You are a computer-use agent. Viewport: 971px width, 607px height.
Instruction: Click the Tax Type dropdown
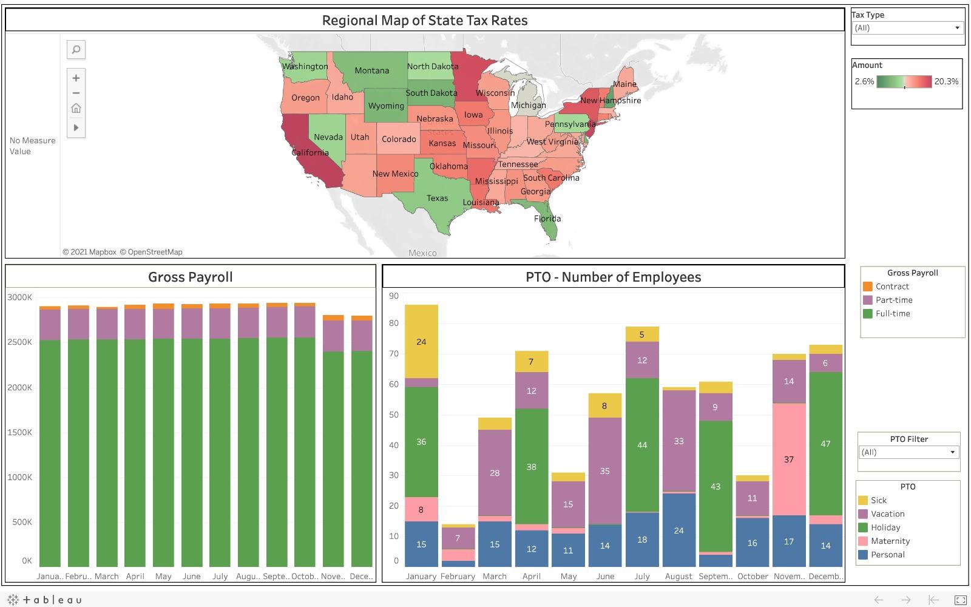coord(907,28)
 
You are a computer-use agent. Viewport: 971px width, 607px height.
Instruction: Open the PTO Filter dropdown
coord(908,452)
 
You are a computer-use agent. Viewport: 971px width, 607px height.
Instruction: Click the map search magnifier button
coord(76,50)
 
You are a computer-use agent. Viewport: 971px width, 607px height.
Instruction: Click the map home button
coord(76,108)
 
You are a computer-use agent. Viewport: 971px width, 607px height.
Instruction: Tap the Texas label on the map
coord(437,198)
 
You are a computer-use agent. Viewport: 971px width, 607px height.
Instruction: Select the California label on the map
coord(310,152)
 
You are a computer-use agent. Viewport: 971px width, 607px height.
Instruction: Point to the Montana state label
coord(371,70)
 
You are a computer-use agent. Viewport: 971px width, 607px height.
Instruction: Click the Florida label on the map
coord(547,219)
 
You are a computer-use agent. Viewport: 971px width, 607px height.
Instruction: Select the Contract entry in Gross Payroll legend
coord(891,287)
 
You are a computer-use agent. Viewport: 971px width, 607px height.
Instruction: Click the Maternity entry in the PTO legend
coord(890,541)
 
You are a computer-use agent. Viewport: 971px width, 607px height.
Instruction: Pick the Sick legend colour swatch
coord(863,500)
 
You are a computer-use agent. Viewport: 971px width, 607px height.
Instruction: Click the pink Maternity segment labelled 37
coord(789,459)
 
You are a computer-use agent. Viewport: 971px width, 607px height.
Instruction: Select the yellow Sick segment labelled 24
coord(421,341)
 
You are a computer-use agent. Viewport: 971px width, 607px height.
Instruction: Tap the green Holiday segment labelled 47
coord(825,444)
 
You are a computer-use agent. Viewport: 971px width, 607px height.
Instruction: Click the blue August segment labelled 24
coord(678,530)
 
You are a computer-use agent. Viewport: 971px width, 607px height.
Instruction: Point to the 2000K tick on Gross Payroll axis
coord(20,387)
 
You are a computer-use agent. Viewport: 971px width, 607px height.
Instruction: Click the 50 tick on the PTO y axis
coord(394,415)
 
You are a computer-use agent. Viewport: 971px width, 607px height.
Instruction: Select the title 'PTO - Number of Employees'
coord(613,277)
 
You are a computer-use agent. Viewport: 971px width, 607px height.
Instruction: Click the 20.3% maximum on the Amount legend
coord(946,81)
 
